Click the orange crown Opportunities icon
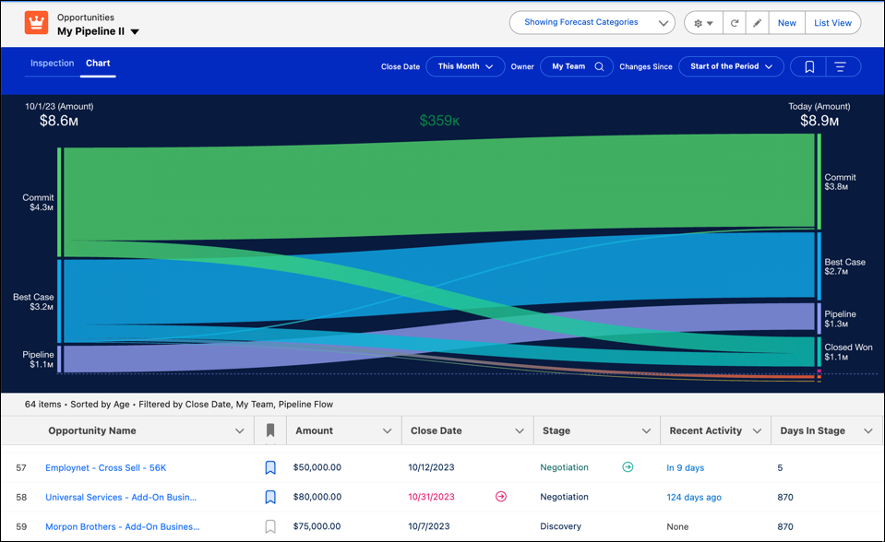36,23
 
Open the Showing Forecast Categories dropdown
592,23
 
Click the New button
786,23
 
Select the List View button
832,23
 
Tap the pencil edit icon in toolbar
758,23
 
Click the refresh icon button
735,23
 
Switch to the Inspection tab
52,64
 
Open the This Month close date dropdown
465,66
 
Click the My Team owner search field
576,66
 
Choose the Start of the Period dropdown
731,66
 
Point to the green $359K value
439,121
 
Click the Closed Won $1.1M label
848,352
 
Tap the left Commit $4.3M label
38,203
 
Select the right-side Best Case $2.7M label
844,267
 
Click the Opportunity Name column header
92,430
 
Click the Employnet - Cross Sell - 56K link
105,468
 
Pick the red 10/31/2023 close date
432,498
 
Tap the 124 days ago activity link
694,498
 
